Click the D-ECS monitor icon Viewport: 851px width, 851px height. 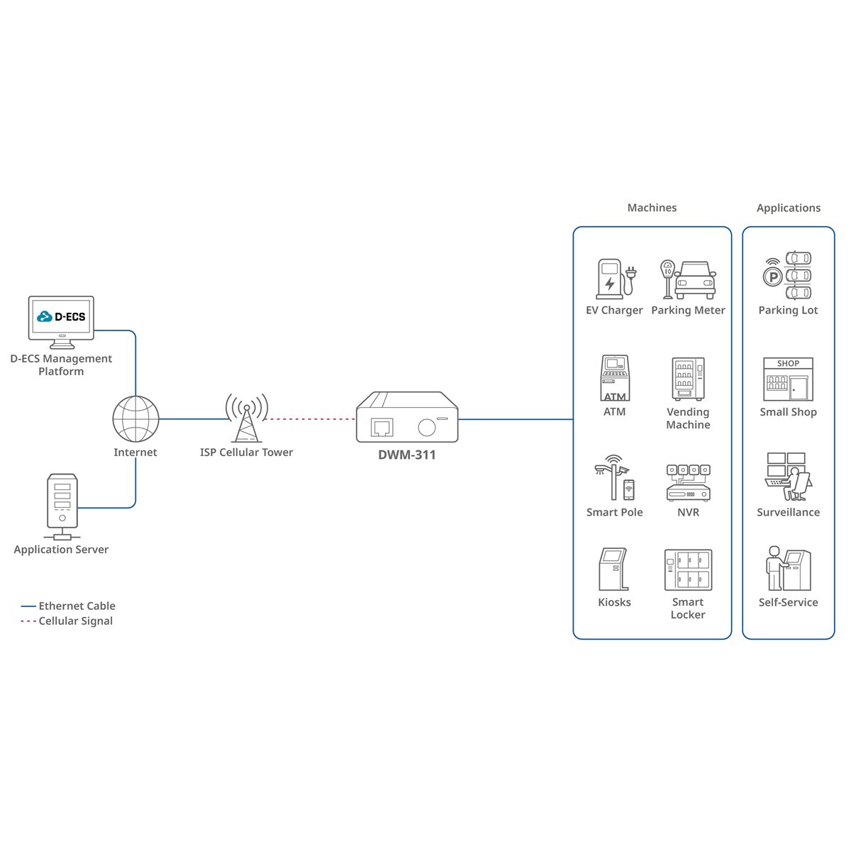61,321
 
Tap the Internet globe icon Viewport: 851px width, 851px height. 135,419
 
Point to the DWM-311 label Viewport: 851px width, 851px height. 407,455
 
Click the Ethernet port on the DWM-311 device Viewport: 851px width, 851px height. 382,427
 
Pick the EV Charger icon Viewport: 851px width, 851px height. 615,278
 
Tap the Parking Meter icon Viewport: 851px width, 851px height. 688,279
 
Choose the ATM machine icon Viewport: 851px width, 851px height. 615,378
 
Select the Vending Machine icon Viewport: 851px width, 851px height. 688,379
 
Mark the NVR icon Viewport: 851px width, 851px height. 688,482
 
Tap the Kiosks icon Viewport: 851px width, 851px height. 614,569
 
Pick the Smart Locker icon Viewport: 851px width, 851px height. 688,569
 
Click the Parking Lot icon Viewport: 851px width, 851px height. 787,275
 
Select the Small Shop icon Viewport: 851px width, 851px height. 788,379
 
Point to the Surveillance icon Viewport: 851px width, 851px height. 788,477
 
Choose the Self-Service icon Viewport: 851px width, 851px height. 788,569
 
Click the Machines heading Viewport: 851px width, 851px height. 652,208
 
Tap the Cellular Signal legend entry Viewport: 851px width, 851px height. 75,621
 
